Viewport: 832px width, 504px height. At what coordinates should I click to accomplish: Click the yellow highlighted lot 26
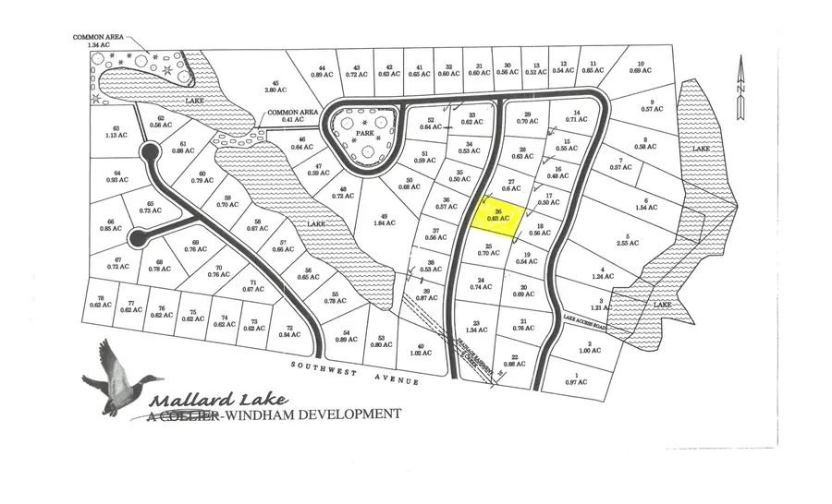499,216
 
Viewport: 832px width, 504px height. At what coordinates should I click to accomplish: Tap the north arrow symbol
740,88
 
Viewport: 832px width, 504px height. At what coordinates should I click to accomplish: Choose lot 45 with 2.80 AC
272,87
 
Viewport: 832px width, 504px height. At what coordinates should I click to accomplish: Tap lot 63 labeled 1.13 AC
116,132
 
